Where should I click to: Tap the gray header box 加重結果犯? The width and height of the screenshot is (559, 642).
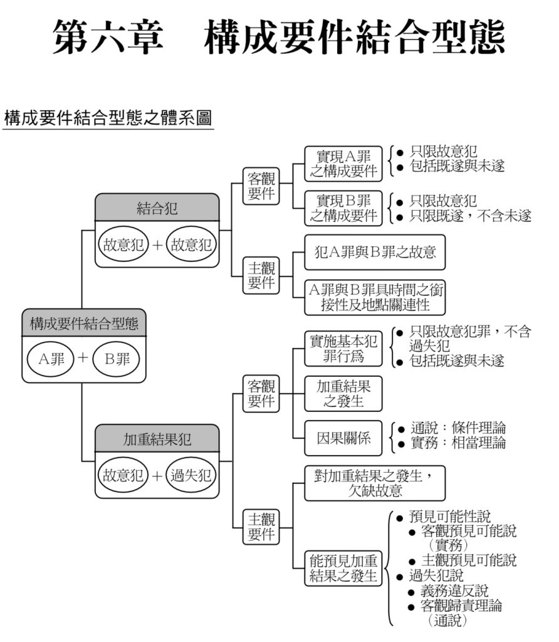coord(157,439)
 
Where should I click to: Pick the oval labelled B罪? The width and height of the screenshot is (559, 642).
coord(116,359)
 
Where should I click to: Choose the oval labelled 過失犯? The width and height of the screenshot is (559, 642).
coord(191,475)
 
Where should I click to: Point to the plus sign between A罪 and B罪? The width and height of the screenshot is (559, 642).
coord(82,359)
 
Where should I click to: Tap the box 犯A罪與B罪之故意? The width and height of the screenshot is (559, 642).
coord(374,253)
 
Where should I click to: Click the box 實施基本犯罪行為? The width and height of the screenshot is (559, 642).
coord(343,349)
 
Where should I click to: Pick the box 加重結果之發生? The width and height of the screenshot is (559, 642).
coord(343,394)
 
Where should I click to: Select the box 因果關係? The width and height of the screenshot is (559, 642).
coord(343,438)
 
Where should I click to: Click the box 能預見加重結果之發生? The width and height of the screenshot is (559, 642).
coord(343,567)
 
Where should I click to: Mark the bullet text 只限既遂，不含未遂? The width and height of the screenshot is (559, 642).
coord(471,216)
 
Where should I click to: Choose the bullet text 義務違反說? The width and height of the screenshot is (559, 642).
coord(454,591)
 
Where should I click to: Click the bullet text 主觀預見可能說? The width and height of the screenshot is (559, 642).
coord(469,560)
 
